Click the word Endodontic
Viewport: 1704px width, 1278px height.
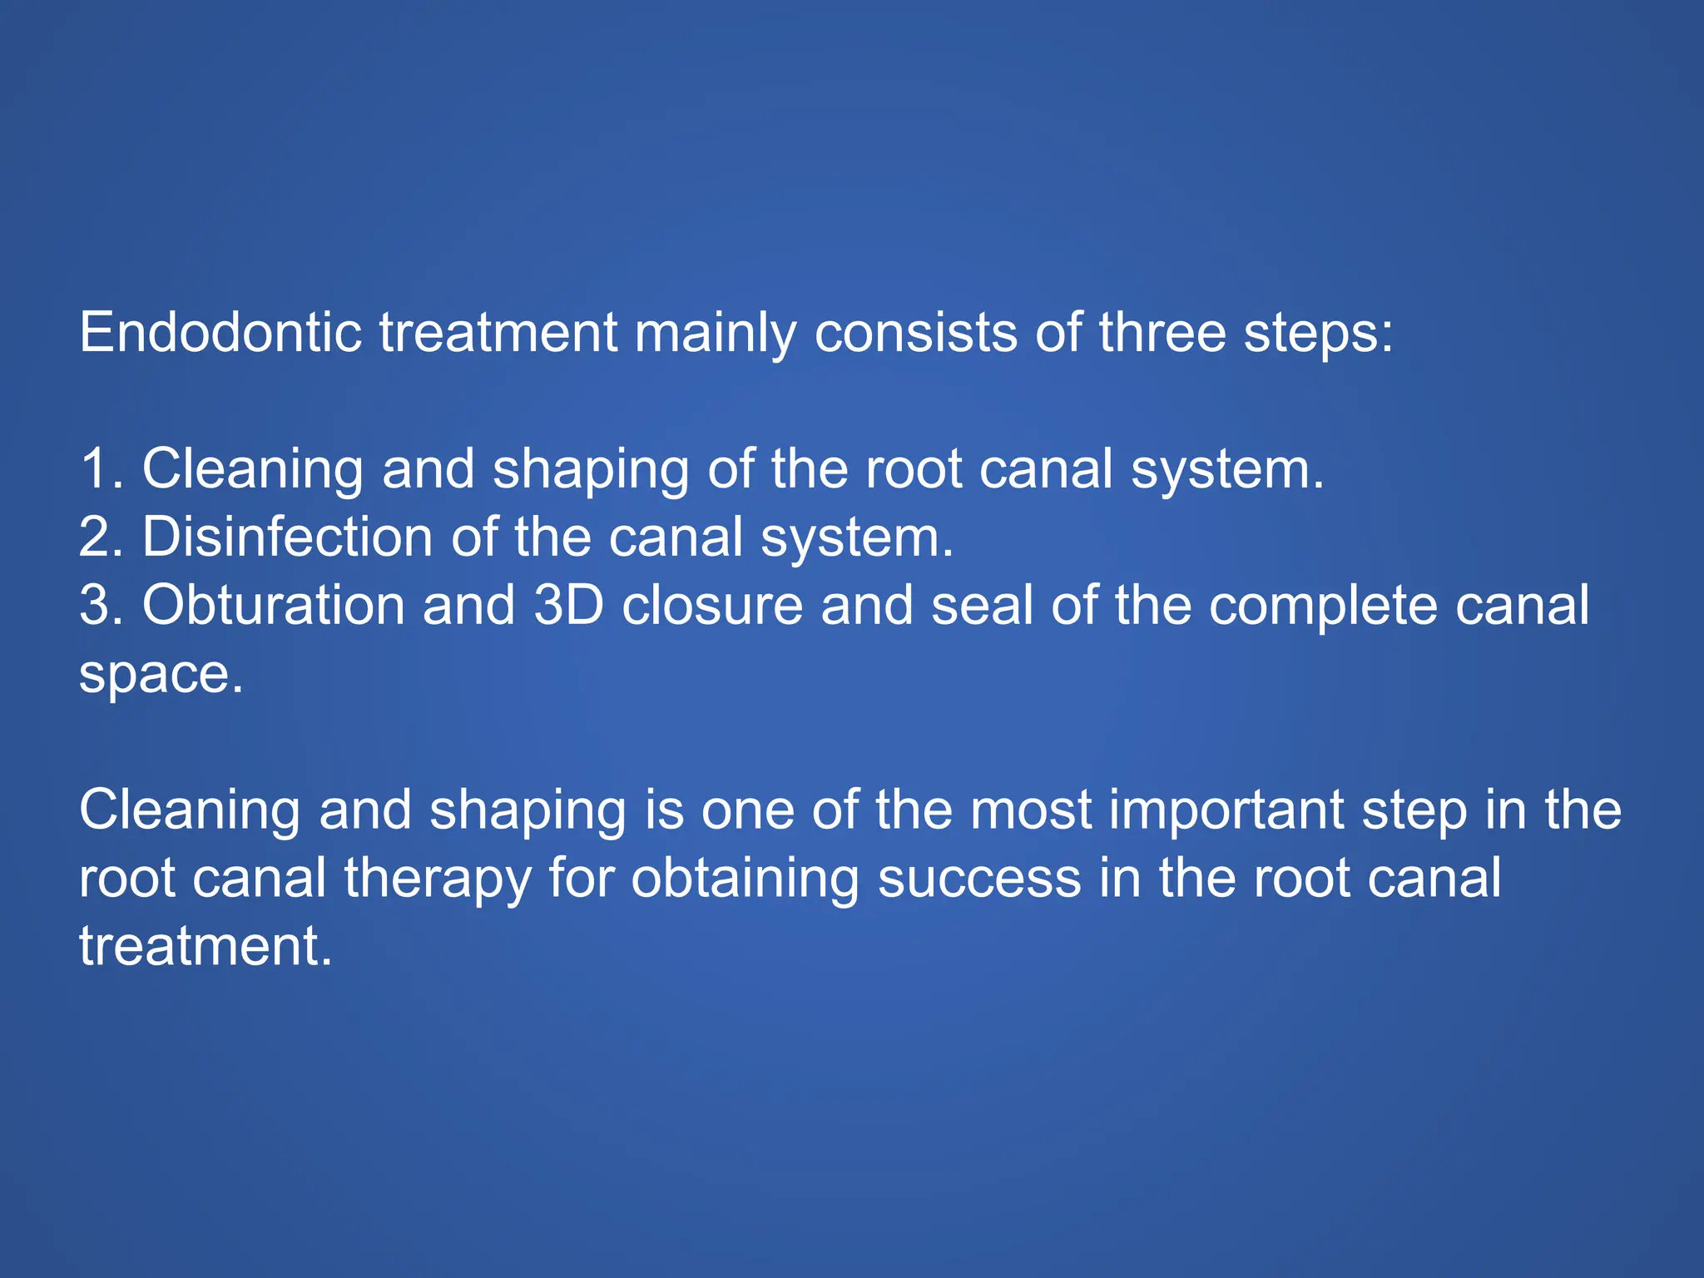220,333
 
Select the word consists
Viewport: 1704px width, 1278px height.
915,333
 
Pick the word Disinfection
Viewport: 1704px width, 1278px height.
287,537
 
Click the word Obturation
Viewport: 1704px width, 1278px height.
274,605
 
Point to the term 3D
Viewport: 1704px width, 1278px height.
568,605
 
